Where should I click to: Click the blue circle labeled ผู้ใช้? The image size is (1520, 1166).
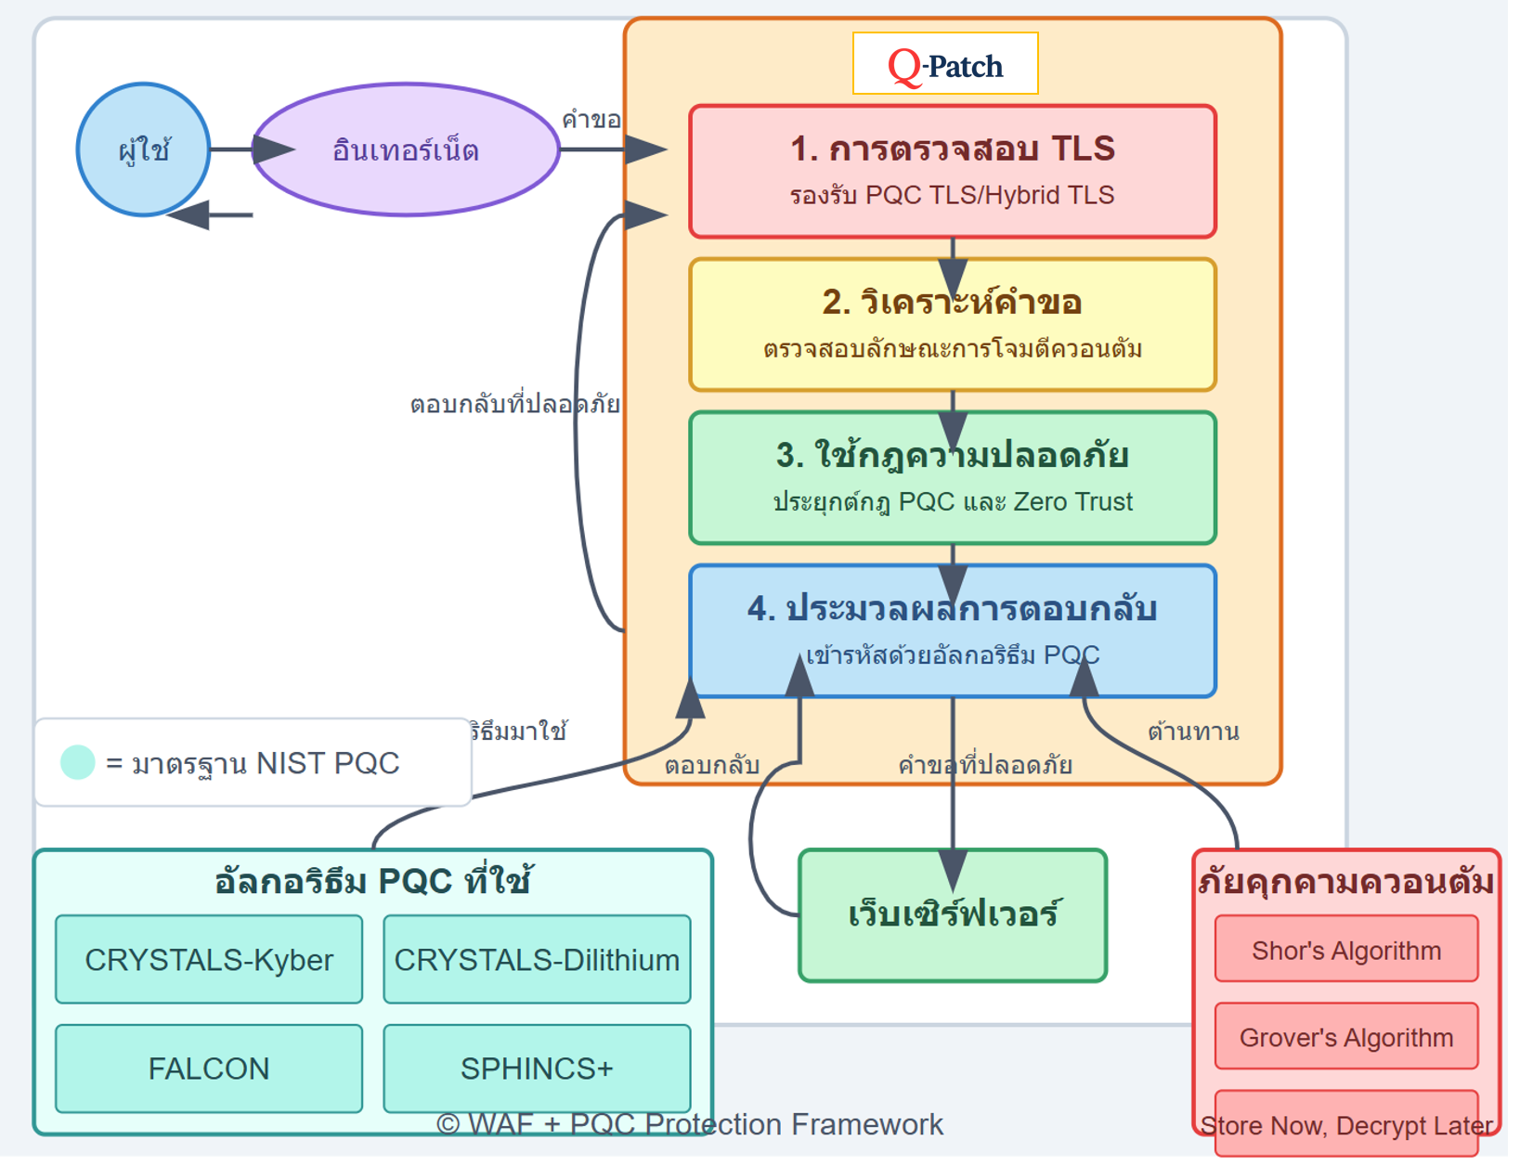tap(143, 149)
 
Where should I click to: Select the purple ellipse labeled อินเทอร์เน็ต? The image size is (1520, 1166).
tap(406, 149)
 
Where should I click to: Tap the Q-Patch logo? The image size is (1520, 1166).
tap(945, 64)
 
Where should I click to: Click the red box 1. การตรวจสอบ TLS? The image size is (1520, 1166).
tap(953, 171)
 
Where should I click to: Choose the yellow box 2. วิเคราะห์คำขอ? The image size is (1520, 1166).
tap(953, 325)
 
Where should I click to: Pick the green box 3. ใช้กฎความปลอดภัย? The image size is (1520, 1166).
tap(953, 477)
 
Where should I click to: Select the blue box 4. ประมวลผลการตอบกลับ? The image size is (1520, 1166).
tap(953, 630)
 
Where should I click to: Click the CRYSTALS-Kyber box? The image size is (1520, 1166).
tap(209, 959)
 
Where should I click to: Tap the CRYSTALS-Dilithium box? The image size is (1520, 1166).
tap(537, 959)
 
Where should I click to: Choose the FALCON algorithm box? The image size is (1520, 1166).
tap(209, 1069)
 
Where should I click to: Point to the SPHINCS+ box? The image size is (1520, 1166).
tap(537, 1069)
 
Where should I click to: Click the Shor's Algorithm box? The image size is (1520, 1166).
tap(1346, 950)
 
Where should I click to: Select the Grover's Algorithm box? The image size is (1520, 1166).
tap(1346, 1037)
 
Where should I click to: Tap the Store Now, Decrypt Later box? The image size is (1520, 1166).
tap(1346, 1124)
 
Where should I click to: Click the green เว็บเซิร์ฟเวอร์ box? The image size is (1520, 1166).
tap(953, 914)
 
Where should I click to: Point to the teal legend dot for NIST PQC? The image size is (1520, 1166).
tap(78, 762)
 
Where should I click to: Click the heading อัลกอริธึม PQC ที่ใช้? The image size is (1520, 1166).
tap(372, 880)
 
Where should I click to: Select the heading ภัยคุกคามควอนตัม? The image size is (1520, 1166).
tap(1346, 880)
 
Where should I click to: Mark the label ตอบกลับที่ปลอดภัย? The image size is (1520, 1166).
tap(514, 404)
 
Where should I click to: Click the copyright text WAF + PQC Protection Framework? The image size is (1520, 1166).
tap(690, 1124)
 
